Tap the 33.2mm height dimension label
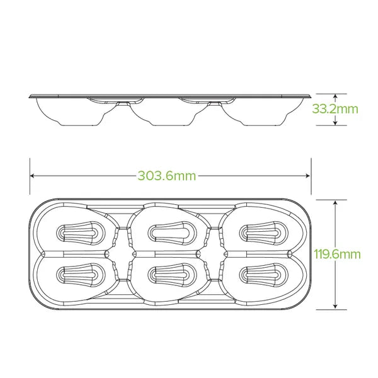pos(335,108)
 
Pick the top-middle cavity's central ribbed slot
pos(170,232)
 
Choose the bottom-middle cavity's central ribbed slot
pos(170,275)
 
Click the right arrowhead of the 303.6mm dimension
pos(308,176)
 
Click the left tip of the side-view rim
pos(30,96)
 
